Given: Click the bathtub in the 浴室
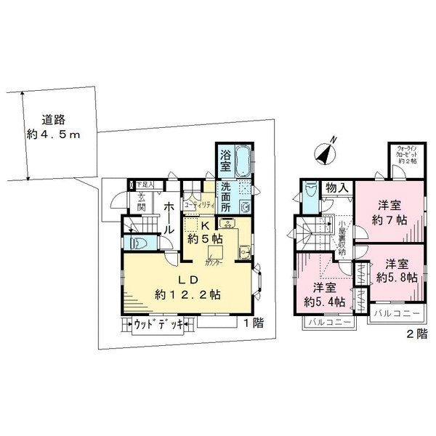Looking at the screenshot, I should point(243,160).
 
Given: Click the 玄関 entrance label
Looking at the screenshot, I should point(142,201).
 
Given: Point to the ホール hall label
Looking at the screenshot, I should point(168,217).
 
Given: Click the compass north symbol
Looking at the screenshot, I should point(324,153).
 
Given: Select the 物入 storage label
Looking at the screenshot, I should point(337,187).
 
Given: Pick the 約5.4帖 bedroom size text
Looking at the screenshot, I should point(323,294).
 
